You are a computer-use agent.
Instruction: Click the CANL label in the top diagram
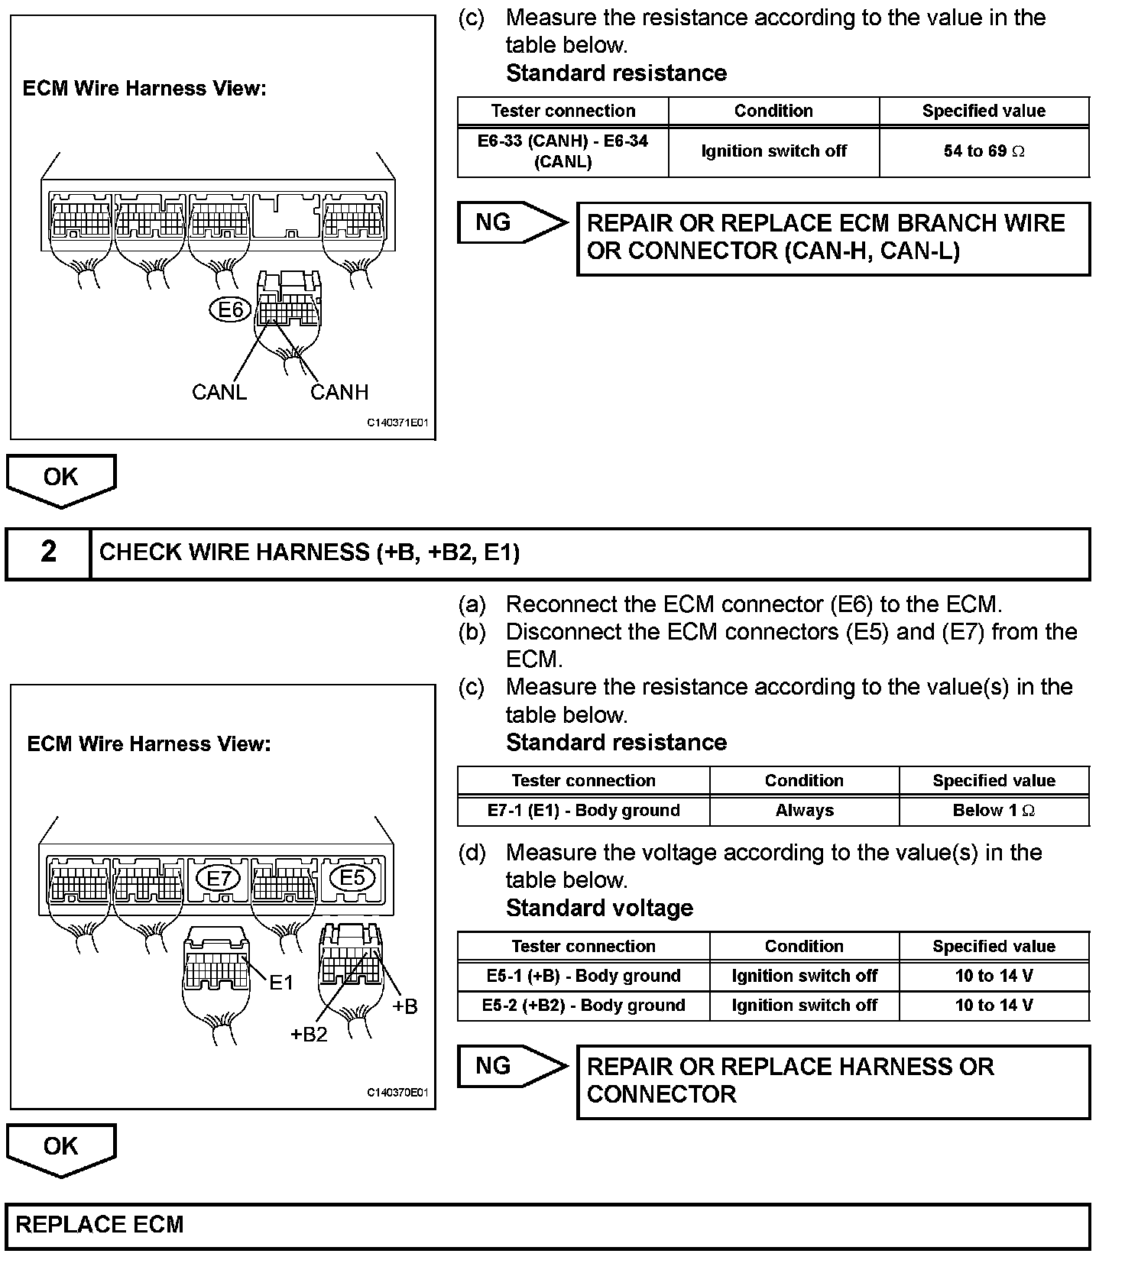(x=219, y=392)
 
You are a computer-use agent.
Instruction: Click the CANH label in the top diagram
(x=339, y=392)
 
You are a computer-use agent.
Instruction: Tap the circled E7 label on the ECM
(x=219, y=879)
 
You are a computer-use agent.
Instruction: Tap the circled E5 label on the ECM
(x=352, y=877)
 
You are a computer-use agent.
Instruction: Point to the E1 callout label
(x=281, y=983)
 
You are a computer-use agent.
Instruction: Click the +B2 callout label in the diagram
(x=309, y=1034)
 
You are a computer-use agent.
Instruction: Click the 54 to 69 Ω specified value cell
(x=984, y=151)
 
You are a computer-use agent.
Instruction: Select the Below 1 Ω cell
(x=994, y=811)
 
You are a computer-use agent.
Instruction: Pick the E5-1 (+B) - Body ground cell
(x=583, y=976)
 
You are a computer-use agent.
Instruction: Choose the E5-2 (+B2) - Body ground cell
(x=583, y=1006)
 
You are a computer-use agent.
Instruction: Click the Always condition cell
(x=804, y=811)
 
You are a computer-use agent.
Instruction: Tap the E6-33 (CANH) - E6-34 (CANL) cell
(x=562, y=151)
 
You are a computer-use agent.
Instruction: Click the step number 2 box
(x=48, y=552)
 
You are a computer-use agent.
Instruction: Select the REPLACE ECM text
(x=100, y=1225)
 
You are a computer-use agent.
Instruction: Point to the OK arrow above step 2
(x=61, y=479)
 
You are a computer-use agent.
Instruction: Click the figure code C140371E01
(x=397, y=423)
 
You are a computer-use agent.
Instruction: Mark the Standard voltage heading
(x=599, y=908)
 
